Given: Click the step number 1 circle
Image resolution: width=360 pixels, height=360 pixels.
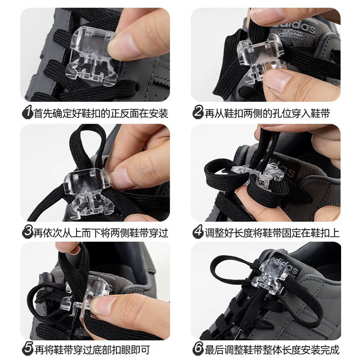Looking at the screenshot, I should click(x=28, y=112).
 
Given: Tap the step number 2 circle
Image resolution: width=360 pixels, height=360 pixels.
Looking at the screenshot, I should click(x=198, y=112).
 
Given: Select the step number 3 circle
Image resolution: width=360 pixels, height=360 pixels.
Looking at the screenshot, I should click(x=28, y=232).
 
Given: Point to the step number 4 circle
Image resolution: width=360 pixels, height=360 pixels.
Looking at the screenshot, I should click(x=198, y=232).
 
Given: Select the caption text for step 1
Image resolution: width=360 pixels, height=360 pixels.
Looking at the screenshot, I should click(x=101, y=112).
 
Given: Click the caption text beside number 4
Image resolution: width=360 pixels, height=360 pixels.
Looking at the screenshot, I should click(x=272, y=232).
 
